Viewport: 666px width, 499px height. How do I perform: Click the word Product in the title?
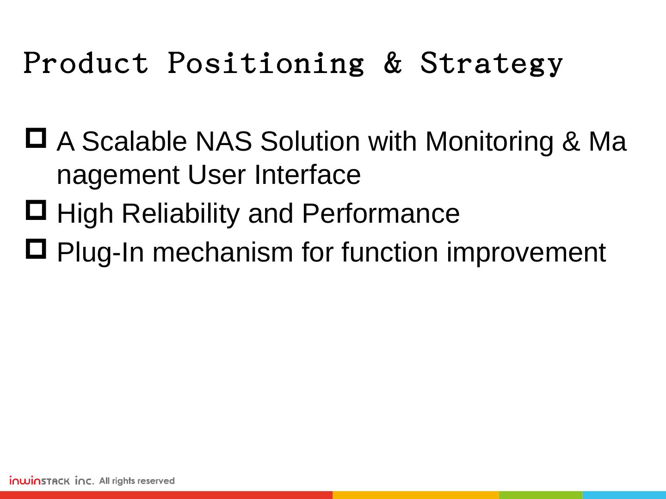pos(86,62)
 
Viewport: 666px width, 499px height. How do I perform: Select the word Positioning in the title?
pos(266,63)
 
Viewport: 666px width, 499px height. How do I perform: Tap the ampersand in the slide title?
pos(393,62)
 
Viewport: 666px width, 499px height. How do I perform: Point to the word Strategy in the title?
pos(492,63)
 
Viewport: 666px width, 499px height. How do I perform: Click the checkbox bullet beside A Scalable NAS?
pos(36,138)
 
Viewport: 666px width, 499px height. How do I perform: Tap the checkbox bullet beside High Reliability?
pos(36,210)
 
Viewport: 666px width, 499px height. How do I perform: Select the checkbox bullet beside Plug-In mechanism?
pos(36,249)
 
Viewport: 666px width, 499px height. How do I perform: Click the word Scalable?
pos(134,141)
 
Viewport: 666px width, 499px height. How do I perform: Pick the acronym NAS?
pos(223,141)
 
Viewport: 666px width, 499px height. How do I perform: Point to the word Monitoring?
pos(489,142)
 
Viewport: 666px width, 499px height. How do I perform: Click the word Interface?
pos(308,175)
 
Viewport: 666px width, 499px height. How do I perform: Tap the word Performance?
pos(381,213)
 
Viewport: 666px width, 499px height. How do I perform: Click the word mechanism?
pos(222,252)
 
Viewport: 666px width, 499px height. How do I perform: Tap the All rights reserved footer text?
pos(137,481)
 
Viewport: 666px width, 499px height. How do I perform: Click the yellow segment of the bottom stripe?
pos(416,495)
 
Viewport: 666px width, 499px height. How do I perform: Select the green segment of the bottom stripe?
pos(541,495)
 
